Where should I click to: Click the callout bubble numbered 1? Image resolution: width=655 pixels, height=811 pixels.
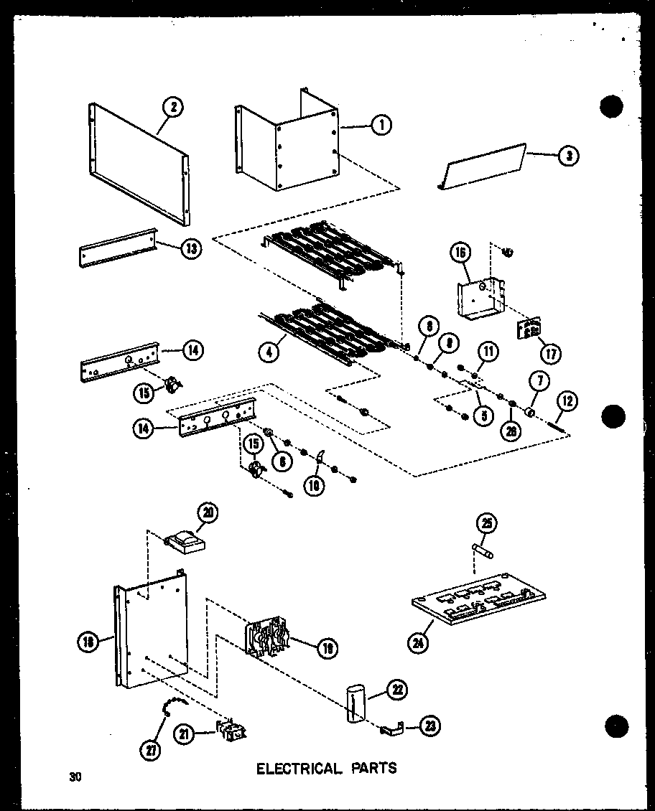pos(381,125)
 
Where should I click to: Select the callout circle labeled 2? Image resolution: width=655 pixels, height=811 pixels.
pos(172,108)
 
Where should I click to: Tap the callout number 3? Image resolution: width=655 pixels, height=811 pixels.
pos(568,156)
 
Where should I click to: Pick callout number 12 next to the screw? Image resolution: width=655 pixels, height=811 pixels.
pos(567,403)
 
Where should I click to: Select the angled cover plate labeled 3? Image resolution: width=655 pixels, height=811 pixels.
pos(483,167)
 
